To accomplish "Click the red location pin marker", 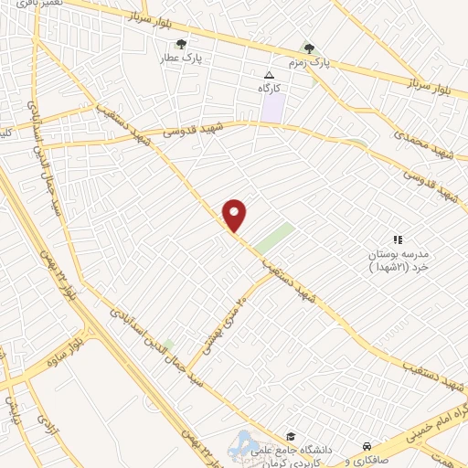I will [235, 215].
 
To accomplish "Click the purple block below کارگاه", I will [272, 108].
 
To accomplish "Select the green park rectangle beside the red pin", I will [274, 238].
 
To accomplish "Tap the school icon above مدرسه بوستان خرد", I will [397, 239].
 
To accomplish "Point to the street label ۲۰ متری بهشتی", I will [218, 319].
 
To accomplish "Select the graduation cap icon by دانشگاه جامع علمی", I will [291, 436].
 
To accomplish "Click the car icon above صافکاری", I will [367, 436].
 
